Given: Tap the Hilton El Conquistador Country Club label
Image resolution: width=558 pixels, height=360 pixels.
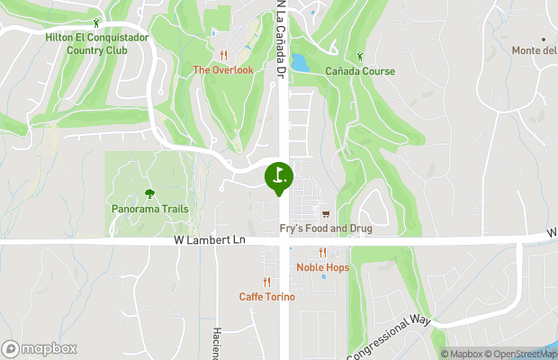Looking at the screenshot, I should [x=94, y=43].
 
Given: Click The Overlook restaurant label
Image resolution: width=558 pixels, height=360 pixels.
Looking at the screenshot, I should [x=223, y=69].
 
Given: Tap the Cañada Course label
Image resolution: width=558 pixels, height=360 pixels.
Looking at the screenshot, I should [x=360, y=70].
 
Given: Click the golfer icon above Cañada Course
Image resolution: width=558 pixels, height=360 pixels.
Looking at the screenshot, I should [x=360, y=55].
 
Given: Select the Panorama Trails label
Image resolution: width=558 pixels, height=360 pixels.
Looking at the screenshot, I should [x=150, y=209].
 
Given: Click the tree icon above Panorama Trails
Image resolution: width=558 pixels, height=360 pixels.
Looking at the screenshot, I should [x=150, y=193].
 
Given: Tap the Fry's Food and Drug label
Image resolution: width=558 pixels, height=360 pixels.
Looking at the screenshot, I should [x=326, y=229].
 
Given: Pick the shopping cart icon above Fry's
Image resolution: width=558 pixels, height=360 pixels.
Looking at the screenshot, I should [x=326, y=214].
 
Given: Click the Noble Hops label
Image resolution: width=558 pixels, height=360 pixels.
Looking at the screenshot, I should [x=322, y=267].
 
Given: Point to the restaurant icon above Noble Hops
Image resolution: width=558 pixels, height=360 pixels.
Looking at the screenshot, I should [x=321, y=253].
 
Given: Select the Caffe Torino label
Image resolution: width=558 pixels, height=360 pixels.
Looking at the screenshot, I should [x=266, y=296].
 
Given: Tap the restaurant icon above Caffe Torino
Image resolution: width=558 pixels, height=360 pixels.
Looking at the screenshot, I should [x=266, y=282].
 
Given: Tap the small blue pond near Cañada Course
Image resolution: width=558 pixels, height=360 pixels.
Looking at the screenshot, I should [x=299, y=63].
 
